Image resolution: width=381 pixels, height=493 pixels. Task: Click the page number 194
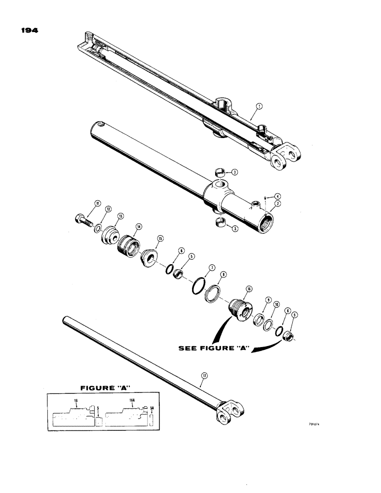tap(30, 30)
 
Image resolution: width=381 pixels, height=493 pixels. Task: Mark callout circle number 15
tap(160, 239)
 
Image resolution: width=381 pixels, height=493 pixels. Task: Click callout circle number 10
tap(276, 305)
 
